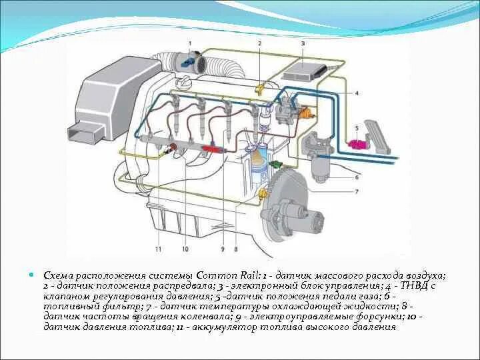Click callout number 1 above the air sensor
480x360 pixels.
(189, 43)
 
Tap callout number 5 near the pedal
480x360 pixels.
(357, 126)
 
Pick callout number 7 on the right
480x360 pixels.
(357, 191)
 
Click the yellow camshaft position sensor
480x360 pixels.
(260, 87)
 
